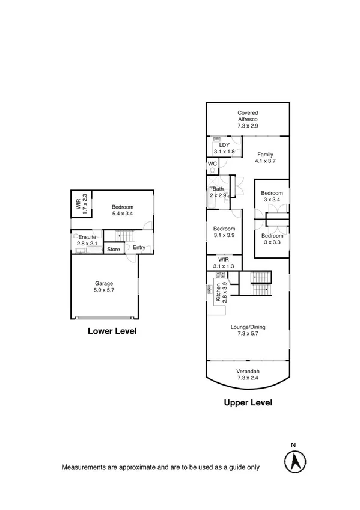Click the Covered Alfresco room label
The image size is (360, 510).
[x=247, y=119]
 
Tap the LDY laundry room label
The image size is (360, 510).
[x=224, y=148]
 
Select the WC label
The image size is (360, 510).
[x=212, y=164]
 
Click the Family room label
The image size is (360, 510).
[x=264, y=158]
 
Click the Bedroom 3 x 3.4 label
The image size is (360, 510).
[x=271, y=197]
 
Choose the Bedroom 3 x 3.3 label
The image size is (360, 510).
[x=271, y=239]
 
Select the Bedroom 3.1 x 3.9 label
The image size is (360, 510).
[x=224, y=233]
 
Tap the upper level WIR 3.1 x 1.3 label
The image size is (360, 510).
[x=224, y=262]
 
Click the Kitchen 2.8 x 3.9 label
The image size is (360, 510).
[x=221, y=292]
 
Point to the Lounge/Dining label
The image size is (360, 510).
[x=248, y=331]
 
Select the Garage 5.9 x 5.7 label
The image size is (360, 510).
[x=103, y=287]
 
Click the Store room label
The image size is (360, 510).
[x=114, y=248]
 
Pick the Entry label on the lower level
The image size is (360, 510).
[x=139, y=248]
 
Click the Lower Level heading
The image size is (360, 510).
[x=112, y=331]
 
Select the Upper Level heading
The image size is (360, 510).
[x=248, y=403]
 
